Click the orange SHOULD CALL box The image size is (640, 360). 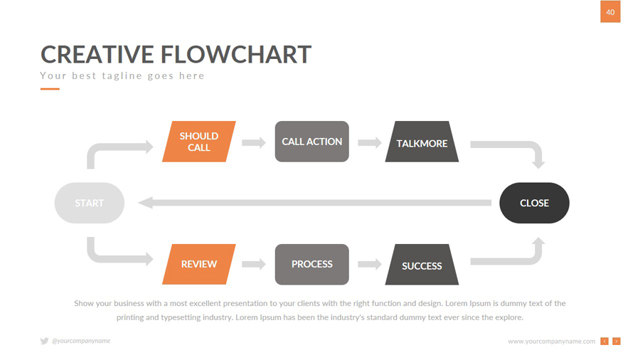(x=199, y=142)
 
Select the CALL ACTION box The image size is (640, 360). (x=311, y=142)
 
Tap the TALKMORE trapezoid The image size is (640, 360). (x=422, y=142)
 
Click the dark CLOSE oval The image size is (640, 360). (x=534, y=203)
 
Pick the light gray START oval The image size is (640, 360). (x=90, y=203)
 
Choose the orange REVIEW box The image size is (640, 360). (x=199, y=264)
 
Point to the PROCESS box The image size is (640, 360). (x=311, y=264)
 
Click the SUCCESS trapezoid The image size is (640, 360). (x=422, y=265)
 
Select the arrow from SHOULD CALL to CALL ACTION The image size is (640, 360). (x=254, y=142)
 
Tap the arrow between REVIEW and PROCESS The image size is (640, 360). (x=254, y=264)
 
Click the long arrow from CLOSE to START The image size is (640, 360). (x=313, y=203)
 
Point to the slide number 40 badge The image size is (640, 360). (x=610, y=12)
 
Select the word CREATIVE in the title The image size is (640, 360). (x=97, y=55)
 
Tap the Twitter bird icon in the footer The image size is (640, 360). (x=44, y=342)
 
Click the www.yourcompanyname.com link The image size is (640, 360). (x=551, y=342)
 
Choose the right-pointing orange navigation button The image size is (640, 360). (x=617, y=342)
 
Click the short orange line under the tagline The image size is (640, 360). (x=50, y=89)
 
